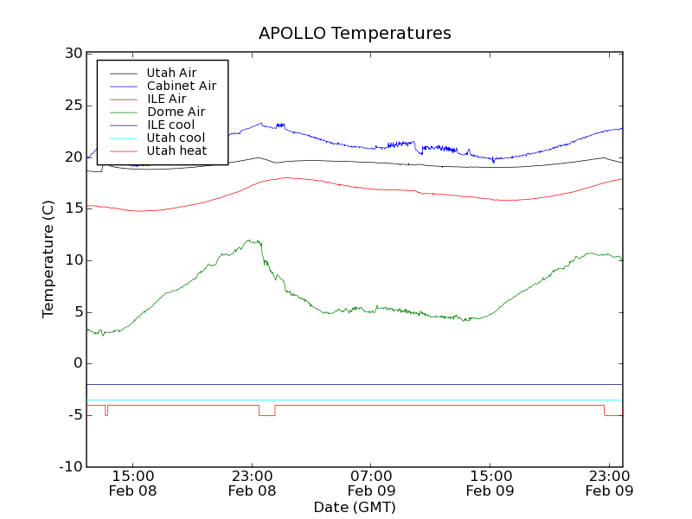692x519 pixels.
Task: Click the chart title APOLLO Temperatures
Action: (x=355, y=34)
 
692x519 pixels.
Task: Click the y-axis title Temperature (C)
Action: (x=48, y=259)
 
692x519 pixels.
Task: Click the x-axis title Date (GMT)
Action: (x=355, y=507)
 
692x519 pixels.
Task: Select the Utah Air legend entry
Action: (x=171, y=73)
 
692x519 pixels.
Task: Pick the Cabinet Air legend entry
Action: (x=181, y=86)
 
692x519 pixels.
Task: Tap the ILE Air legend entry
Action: (x=166, y=99)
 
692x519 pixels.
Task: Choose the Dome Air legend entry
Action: (x=176, y=112)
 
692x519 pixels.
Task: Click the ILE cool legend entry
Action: (x=170, y=125)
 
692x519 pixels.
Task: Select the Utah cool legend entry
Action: (x=176, y=138)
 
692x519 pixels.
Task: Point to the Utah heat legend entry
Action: (x=176, y=151)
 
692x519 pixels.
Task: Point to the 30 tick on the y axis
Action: (x=73, y=54)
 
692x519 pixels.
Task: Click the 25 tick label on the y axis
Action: (x=73, y=106)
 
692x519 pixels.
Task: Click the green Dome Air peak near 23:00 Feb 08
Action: (x=252, y=241)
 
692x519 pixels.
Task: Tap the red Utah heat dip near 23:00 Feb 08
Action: (x=266, y=415)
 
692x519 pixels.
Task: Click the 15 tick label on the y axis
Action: (x=73, y=208)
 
